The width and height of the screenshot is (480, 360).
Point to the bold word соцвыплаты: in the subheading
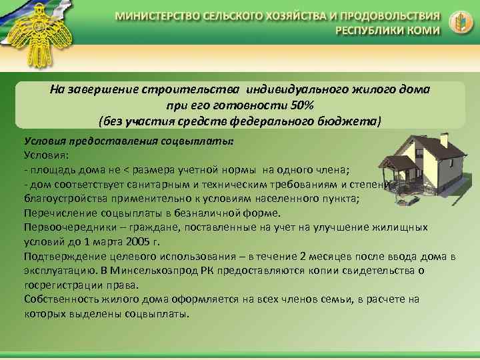pyautogui.click(x=204, y=141)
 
